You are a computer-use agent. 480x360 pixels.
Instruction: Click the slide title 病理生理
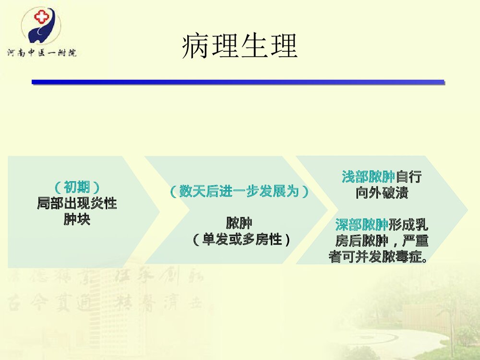point(240,47)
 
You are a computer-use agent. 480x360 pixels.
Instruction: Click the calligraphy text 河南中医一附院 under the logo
point(41,51)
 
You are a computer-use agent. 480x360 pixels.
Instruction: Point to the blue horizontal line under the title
point(238,82)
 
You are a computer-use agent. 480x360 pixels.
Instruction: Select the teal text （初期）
point(77,187)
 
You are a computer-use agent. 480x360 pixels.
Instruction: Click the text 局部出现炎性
point(77,204)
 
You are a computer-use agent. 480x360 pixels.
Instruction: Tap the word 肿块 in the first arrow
point(77,220)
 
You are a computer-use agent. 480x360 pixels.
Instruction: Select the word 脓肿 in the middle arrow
point(239,223)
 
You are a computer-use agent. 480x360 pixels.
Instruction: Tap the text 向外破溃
point(382,193)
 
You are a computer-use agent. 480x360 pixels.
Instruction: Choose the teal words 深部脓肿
point(362,224)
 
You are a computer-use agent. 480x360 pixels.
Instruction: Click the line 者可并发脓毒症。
point(378,257)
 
